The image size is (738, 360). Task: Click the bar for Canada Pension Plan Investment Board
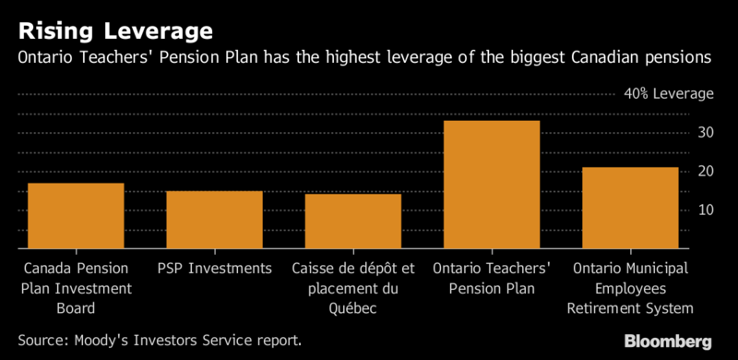(x=76, y=216)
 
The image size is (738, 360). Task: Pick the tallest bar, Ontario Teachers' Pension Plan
(x=491, y=185)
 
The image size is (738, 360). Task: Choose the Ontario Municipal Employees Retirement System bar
(x=630, y=208)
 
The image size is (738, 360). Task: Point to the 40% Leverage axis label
(x=656, y=94)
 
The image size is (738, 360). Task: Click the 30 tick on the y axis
(x=705, y=133)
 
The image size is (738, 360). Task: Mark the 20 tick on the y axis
(x=705, y=172)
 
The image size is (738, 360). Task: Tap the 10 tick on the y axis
(x=705, y=210)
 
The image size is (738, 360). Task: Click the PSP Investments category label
(x=214, y=269)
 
